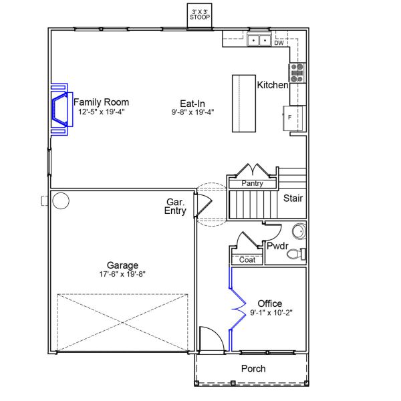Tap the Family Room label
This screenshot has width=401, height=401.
click(x=102, y=102)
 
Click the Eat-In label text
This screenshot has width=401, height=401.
click(x=192, y=103)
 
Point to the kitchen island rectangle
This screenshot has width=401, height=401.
click(x=244, y=104)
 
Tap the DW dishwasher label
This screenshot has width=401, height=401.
click(x=279, y=43)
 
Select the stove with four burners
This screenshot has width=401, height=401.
click(x=297, y=72)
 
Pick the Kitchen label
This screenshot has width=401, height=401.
click(x=273, y=86)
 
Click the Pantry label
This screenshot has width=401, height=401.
click(x=252, y=183)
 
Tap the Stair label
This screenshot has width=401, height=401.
click(x=293, y=198)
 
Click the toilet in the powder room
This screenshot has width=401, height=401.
click(x=296, y=253)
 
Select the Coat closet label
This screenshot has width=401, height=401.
click(x=247, y=260)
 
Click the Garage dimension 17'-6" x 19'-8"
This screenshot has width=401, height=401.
click(x=122, y=273)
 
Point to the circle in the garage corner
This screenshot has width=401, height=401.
click(x=61, y=200)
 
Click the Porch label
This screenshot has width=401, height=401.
click(x=253, y=369)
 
